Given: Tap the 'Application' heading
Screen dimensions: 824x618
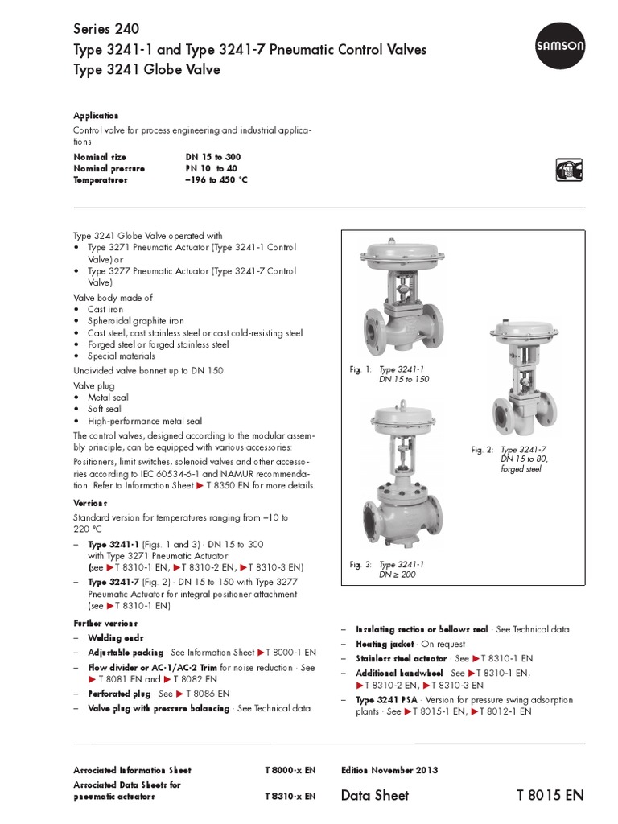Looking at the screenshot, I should click(96, 116).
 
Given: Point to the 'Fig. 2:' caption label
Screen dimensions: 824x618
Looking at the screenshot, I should click(481, 450).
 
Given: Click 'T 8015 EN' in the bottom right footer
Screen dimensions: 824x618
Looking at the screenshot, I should click(550, 795).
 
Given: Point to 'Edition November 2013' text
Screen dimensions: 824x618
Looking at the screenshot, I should click(389, 770).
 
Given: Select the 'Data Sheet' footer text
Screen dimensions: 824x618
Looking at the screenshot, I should click(374, 795).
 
